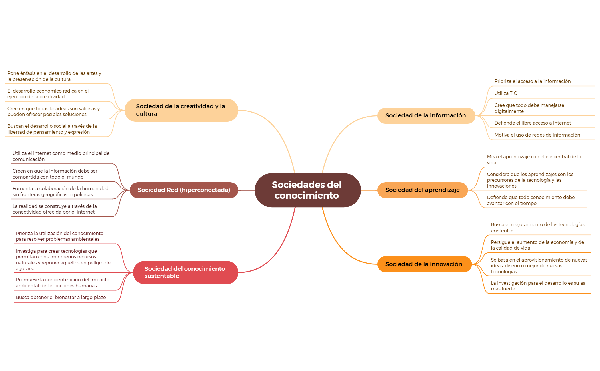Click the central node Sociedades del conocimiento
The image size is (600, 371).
point(307,190)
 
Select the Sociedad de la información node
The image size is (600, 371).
point(426,115)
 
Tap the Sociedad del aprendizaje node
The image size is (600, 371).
point(422,190)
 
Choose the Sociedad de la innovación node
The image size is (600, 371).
point(424,264)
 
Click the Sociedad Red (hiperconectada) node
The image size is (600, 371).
point(184,190)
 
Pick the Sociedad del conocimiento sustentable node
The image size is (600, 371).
point(185,272)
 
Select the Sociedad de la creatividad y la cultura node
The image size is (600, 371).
point(181,110)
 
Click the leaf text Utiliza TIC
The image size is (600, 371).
point(505,93)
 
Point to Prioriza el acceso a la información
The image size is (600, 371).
point(533,81)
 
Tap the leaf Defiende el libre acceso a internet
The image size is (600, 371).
point(533,123)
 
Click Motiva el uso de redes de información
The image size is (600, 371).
point(537,135)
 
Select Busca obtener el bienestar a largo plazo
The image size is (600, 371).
point(61,297)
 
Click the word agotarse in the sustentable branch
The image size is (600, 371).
point(25,269)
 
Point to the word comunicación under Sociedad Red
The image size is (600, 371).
point(29,159)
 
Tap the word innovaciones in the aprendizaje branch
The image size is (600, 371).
point(501,186)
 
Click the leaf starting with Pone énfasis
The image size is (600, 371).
point(54,76)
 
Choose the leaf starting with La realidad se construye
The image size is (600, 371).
point(55,209)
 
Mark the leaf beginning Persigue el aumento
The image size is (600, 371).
point(537,245)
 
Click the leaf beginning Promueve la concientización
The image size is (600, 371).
point(63,283)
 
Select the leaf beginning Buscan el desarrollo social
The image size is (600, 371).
point(52,129)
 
